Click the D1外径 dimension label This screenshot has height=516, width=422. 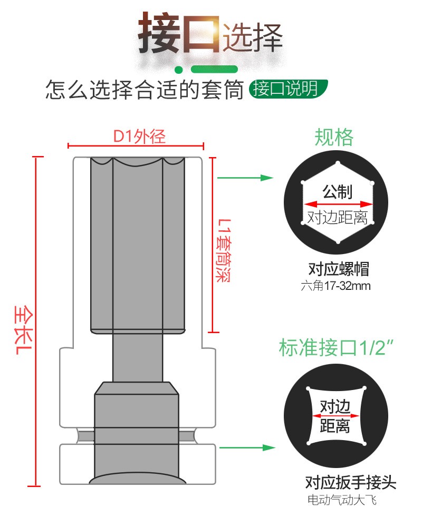click(x=139, y=137)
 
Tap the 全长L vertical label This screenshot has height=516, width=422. click(x=24, y=330)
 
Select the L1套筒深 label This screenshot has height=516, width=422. click(x=223, y=250)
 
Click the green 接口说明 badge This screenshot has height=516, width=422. click(x=288, y=89)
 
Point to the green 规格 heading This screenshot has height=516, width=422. click(x=334, y=137)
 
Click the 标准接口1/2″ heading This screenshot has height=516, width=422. click(x=337, y=347)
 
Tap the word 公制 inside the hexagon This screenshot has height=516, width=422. click(x=338, y=191)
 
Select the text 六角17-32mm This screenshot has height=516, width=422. click(x=335, y=286)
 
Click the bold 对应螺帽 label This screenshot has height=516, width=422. click(x=339, y=269)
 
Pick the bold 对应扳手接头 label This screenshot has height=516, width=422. click(x=350, y=482)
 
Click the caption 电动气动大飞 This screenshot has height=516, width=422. click(x=342, y=500)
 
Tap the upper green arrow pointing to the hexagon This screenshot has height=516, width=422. click(x=245, y=178)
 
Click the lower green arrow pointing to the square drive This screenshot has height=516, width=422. click(x=247, y=447)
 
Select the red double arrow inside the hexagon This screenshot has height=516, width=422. click(x=338, y=204)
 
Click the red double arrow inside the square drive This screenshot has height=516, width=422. click(x=335, y=416)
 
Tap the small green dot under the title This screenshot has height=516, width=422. click(x=178, y=70)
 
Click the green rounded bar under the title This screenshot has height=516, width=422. click(x=214, y=69)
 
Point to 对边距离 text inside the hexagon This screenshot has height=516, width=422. click(x=338, y=218)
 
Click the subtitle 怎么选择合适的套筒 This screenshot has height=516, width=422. click(x=145, y=90)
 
